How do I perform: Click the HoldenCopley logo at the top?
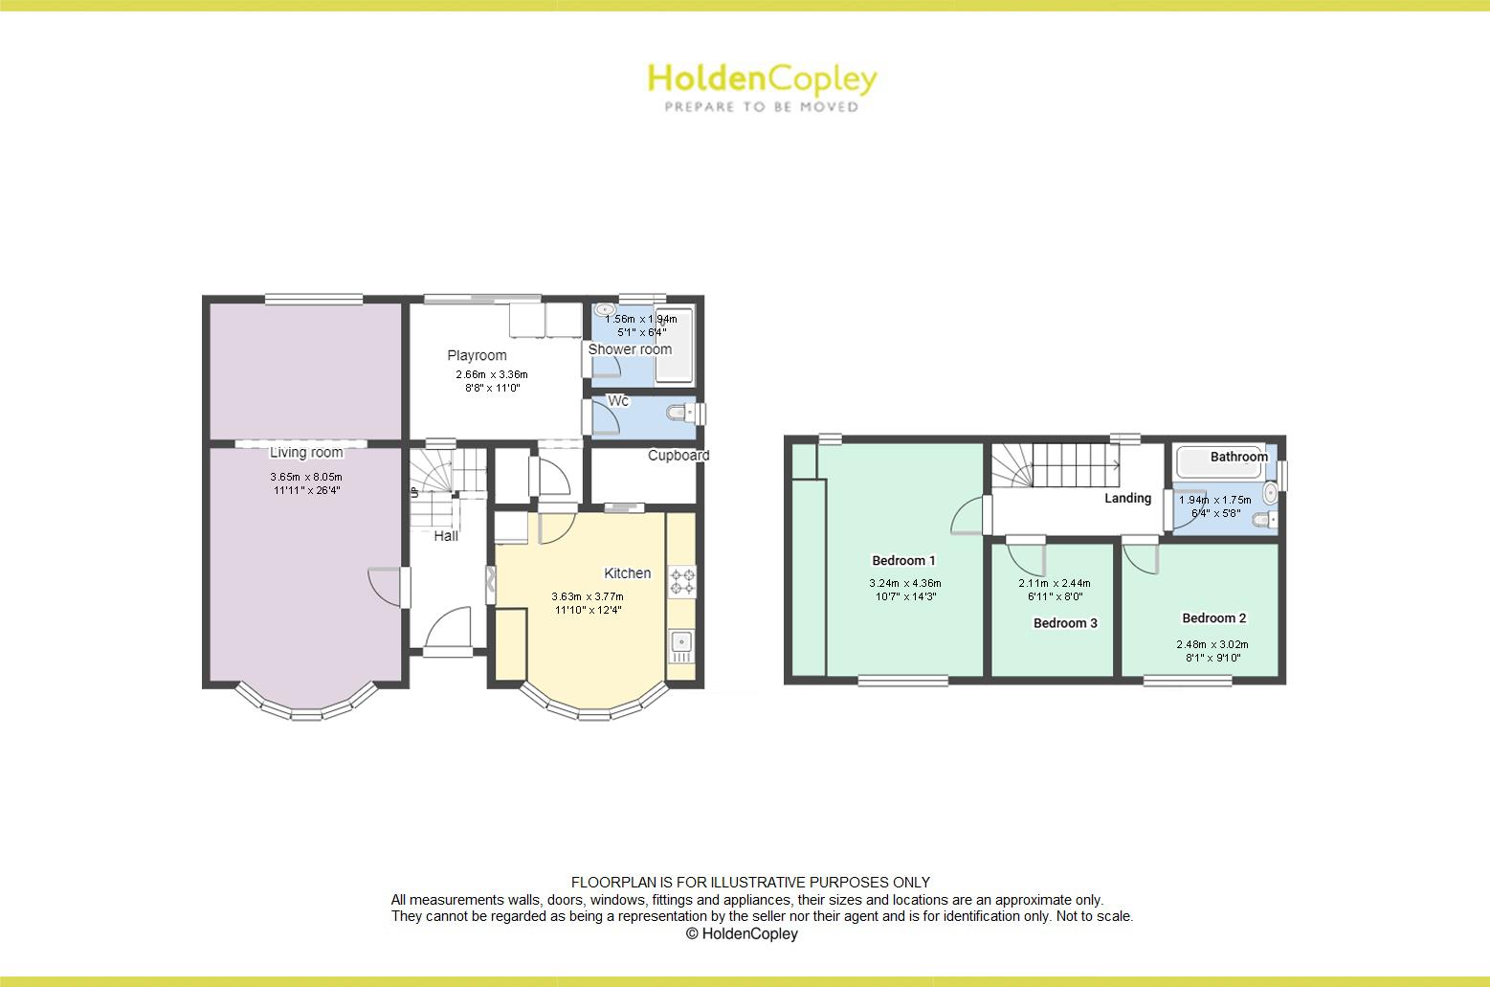(762, 79)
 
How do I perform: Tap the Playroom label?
(477, 355)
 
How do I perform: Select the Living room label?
(305, 453)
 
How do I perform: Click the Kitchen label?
(627, 573)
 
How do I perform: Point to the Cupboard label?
(678, 456)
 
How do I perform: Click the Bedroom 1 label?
(903, 561)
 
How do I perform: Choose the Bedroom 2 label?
(1213, 618)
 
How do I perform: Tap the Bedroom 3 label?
(1065, 623)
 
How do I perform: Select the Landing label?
(1127, 498)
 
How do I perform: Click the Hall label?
(446, 536)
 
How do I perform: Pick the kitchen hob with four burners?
(683, 582)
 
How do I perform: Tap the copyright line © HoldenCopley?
(742, 934)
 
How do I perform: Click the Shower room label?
(630, 349)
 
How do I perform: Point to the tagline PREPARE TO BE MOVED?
(762, 107)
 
